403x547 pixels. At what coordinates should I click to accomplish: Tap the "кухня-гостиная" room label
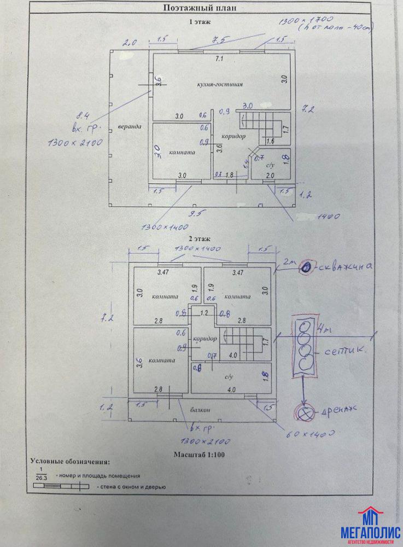(220, 85)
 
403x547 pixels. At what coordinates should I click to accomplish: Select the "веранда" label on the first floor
(130, 127)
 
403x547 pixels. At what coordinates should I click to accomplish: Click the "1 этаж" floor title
(200, 22)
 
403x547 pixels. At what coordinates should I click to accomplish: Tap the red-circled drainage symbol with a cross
(302, 413)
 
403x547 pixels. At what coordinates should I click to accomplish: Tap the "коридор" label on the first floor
(233, 136)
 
